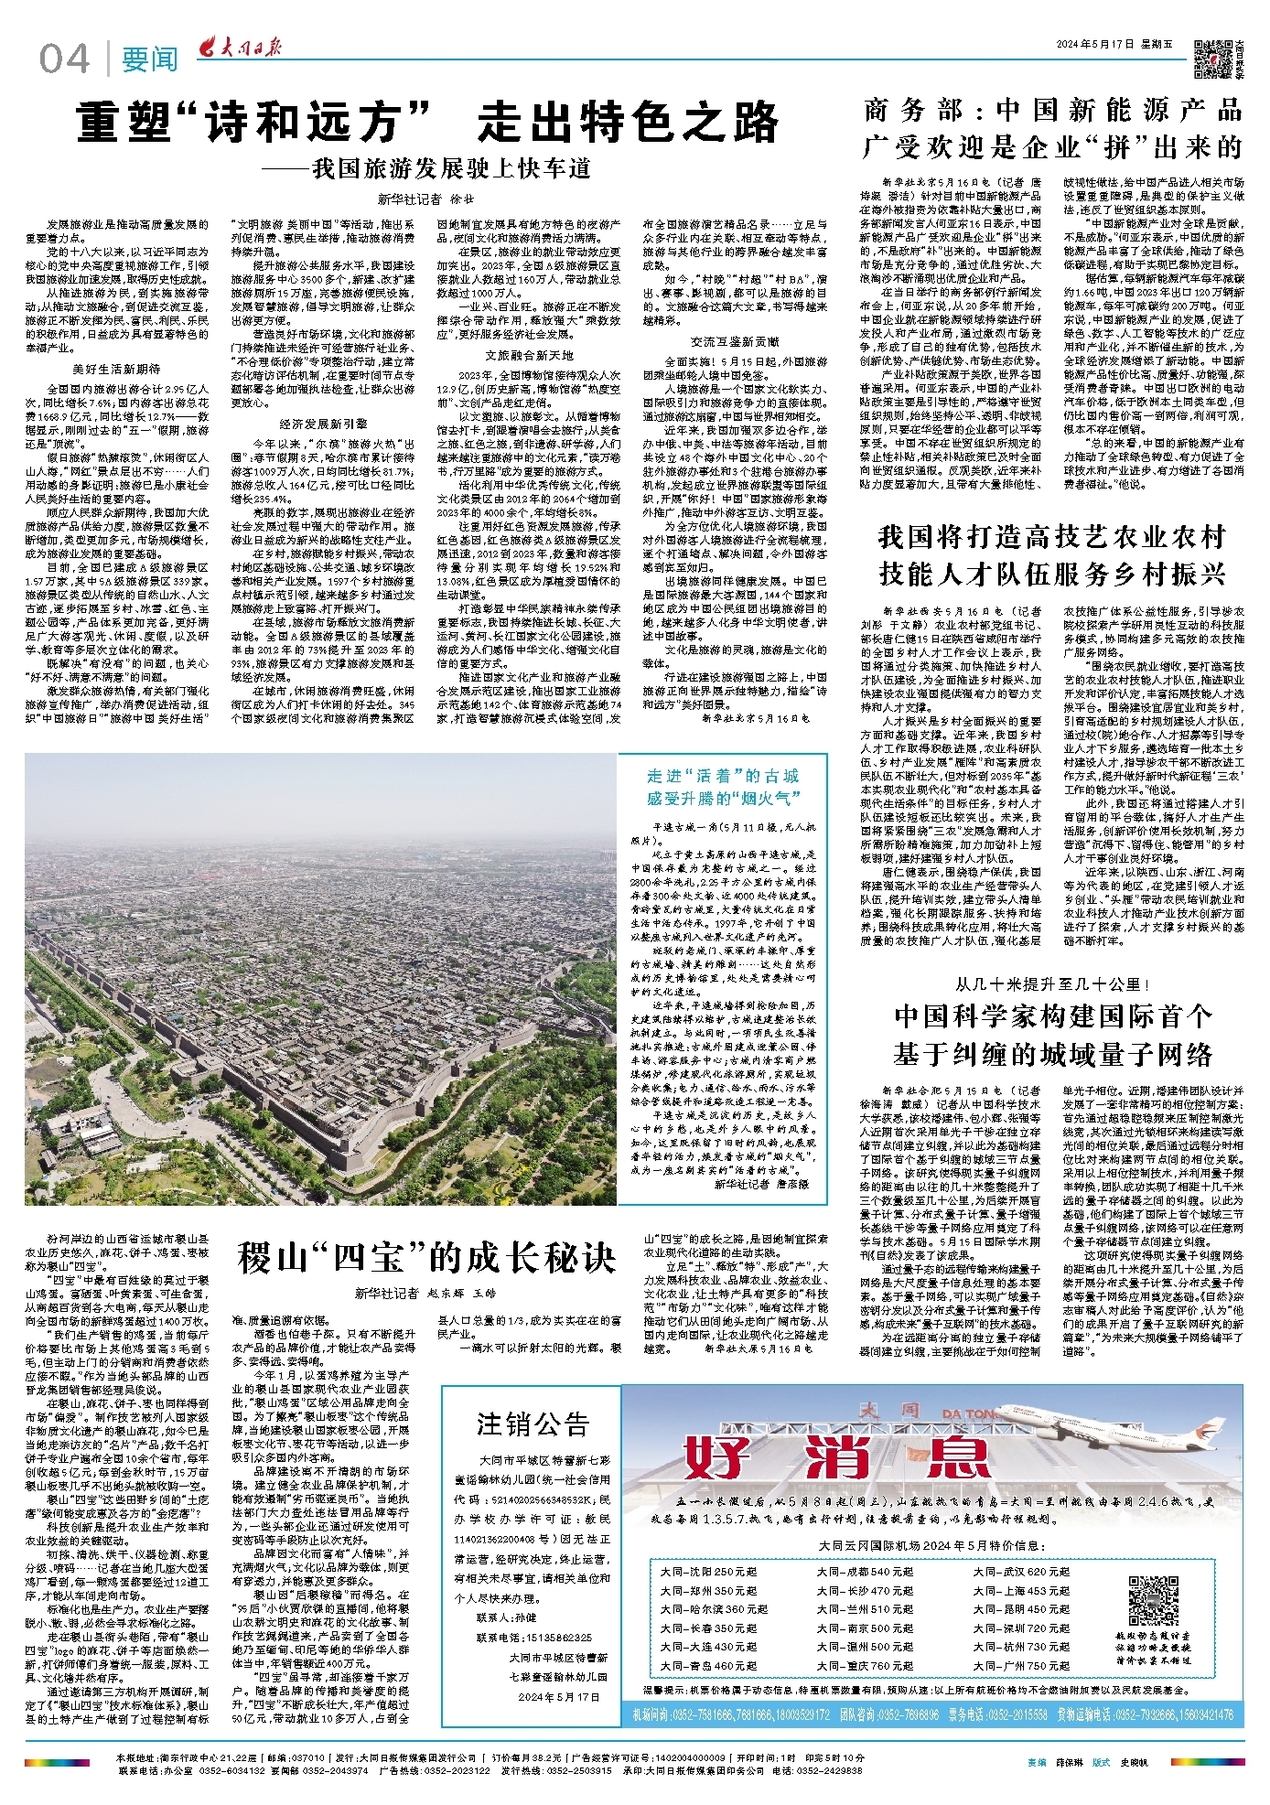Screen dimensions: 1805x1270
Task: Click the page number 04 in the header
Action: [x=64, y=59]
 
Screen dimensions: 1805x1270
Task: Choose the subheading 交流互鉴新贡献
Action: [x=735, y=341]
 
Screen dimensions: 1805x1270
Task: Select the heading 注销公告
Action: [x=533, y=1424]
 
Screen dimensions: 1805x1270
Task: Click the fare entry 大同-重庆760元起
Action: [x=865, y=1666]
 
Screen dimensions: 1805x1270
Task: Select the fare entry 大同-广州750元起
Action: [x=1021, y=1666]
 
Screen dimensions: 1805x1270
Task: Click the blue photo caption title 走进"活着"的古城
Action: [x=722, y=776]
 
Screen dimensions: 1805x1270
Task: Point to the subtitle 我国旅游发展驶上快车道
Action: [x=426, y=169]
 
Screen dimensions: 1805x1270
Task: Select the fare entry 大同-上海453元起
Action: [x=1021, y=1590]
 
